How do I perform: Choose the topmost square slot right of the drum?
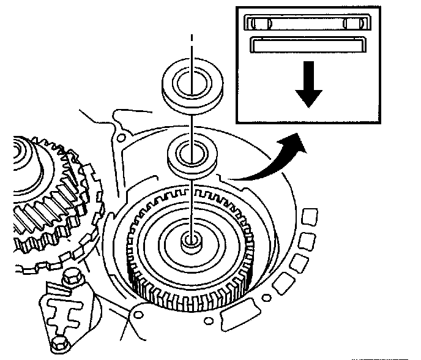tap(310, 217)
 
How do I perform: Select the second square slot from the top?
tap(307, 240)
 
